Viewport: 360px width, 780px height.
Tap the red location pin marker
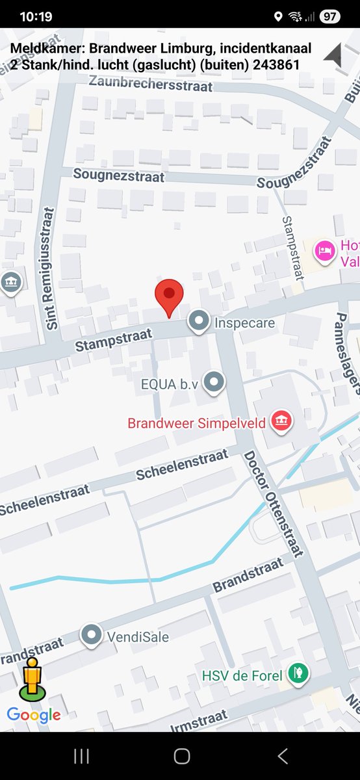(x=169, y=296)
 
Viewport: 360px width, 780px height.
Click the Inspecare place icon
(x=198, y=321)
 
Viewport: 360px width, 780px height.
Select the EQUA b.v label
(x=168, y=384)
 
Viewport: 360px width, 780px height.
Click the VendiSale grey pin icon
(x=92, y=635)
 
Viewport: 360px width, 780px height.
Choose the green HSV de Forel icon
(x=298, y=673)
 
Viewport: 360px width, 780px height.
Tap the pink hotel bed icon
(x=325, y=249)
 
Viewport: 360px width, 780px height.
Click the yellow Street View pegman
(x=32, y=679)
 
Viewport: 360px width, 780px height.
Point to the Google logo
(x=34, y=716)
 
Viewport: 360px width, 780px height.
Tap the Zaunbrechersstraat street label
(x=151, y=83)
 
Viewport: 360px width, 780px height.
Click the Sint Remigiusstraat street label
(x=51, y=268)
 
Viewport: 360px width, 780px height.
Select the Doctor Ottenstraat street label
(x=274, y=503)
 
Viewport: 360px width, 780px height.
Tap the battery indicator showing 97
(x=330, y=16)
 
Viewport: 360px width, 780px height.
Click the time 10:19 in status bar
(x=36, y=16)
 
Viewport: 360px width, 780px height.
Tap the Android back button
(x=282, y=755)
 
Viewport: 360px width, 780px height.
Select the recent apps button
(x=81, y=755)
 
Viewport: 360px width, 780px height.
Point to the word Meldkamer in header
(x=45, y=48)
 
